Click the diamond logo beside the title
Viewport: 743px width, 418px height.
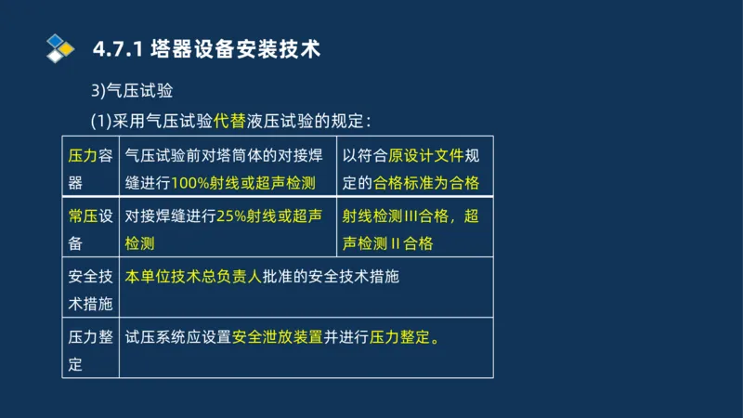pyautogui.click(x=60, y=47)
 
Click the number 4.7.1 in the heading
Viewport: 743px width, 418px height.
pyautogui.click(x=117, y=48)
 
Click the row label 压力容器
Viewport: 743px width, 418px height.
pyautogui.click(x=90, y=168)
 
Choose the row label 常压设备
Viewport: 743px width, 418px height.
pyautogui.click(x=90, y=229)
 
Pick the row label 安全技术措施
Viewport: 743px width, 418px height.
pyautogui.click(x=90, y=290)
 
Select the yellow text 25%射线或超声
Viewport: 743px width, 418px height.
pyautogui.click(x=268, y=216)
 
